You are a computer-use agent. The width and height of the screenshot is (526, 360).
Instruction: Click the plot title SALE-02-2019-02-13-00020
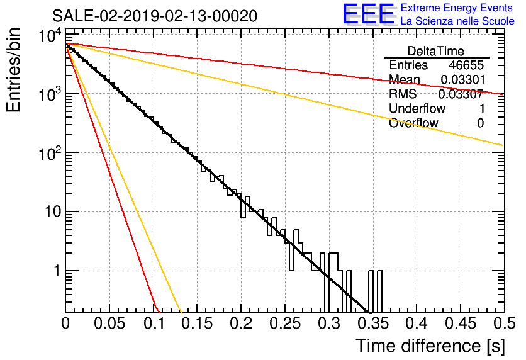click(x=155, y=16)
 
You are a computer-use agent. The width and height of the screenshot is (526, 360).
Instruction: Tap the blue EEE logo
click(x=368, y=14)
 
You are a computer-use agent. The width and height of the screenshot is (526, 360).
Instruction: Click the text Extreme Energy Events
click(x=457, y=8)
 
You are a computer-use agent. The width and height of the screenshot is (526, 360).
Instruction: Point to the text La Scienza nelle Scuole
click(x=457, y=21)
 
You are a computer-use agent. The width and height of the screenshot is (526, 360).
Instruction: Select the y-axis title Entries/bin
click(x=13, y=70)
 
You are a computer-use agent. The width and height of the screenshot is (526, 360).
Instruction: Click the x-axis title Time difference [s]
click(x=430, y=346)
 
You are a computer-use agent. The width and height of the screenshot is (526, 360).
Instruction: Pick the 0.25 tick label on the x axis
click(x=286, y=323)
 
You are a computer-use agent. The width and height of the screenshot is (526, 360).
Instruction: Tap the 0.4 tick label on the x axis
click(x=417, y=323)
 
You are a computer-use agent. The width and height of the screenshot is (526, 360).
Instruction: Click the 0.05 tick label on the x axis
click(x=109, y=323)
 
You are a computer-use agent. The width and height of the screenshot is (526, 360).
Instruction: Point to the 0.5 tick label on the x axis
click(x=505, y=323)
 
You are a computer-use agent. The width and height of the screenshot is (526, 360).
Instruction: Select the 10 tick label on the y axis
click(x=53, y=211)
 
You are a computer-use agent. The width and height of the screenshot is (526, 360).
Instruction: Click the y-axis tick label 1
click(x=57, y=271)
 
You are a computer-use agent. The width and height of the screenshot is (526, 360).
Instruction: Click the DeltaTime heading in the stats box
click(x=436, y=51)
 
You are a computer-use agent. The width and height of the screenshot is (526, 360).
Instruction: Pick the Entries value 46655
click(x=467, y=65)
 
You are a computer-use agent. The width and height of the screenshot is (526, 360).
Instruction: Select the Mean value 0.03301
click(x=463, y=79)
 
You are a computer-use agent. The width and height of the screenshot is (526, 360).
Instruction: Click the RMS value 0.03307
click(x=461, y=94)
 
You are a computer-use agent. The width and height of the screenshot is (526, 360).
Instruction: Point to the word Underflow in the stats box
click(x=417, y=108)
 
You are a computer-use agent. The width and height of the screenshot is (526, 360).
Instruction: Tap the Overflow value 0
click(x=481, y=123)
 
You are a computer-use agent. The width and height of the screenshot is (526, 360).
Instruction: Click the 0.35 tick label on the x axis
click(x=373, y=323)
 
